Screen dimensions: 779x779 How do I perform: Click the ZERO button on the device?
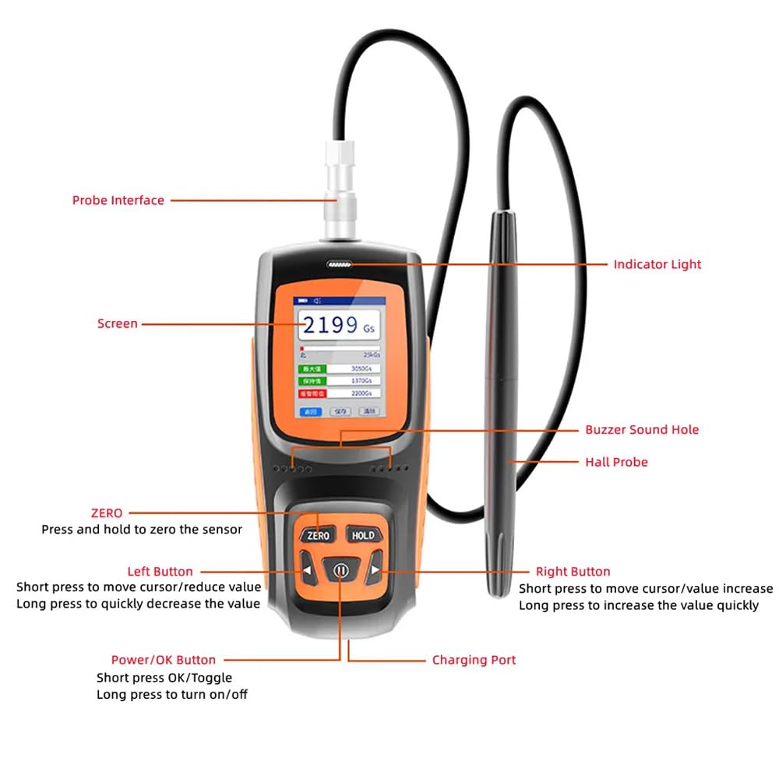319,535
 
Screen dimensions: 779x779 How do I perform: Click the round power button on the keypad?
340,571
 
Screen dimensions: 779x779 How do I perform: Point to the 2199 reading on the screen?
331,325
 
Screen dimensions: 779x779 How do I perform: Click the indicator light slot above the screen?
340,265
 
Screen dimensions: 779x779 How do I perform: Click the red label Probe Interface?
118,200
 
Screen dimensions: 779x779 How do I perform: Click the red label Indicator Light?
657,264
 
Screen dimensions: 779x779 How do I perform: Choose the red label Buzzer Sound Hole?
642,429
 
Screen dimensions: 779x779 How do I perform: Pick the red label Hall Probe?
616,462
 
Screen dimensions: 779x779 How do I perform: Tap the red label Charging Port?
474,660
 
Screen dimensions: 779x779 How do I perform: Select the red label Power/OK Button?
163,660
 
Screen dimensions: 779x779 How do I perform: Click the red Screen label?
117,323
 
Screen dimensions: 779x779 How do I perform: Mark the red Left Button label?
160,572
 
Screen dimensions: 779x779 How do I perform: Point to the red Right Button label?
573,572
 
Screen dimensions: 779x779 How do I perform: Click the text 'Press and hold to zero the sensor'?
141,530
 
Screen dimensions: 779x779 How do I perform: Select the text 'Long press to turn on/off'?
171,694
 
